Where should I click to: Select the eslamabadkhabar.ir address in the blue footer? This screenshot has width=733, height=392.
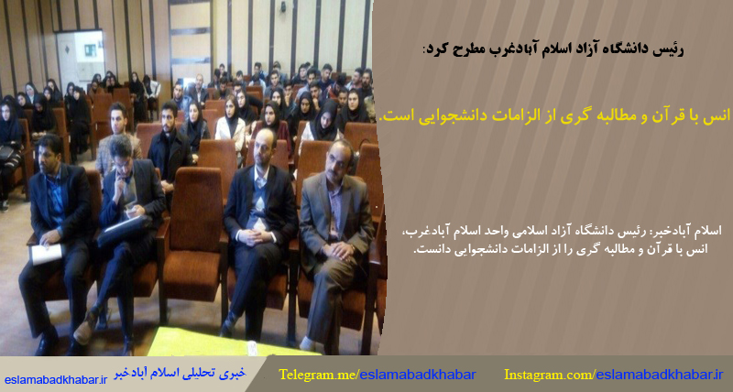pos(57,379)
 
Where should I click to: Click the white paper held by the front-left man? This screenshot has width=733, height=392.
pos(46,254)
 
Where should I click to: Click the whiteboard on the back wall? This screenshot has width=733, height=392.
pos(81,57)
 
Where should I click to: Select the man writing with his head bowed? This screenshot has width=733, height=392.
pos(128,211)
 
